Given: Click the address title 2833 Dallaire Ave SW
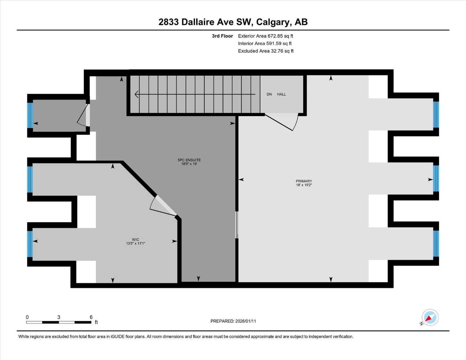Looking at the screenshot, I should (x=233, y=22).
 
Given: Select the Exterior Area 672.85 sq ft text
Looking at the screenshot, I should (x=266, y=36).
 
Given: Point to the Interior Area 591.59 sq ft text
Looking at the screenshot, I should (x=265, y=44).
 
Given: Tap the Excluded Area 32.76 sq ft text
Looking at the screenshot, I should (x=266, y=51).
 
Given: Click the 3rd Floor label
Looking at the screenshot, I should (x=222, y=36).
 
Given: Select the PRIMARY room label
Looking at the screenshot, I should (x=304, y=181).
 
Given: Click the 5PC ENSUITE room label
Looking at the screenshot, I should (x=189, y=160).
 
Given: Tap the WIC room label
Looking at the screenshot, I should (x=135, y=239).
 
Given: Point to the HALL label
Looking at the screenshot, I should (x=281, y=94).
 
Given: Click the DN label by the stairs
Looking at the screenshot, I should (x=269, y=94).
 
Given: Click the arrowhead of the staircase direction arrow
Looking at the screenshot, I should (x=136, y=94).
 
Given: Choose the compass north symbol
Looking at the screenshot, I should (x=429, y=317).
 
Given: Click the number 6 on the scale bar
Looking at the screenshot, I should (x=91, y=317).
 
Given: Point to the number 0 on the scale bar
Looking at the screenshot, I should (x=27, y=317).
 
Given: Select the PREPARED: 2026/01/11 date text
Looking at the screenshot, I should (x=233, y=321).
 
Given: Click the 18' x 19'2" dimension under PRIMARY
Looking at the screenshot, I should (x=304, y=185).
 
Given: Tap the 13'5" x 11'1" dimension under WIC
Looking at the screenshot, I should (x=135, y=243).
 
